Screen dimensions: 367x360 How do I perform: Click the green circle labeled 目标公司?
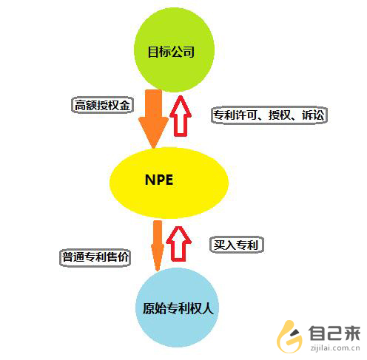click(x=174, y=50)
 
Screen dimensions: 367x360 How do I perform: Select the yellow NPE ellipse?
click(x=169, y=183)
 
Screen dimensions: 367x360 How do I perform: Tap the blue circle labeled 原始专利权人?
click(x=177, y=308)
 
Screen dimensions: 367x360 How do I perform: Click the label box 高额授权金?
click(x=102, y=106)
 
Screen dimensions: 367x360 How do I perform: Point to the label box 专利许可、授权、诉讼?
click(x=269, y=115)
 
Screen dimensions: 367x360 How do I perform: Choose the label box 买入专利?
click(x=237, y=245)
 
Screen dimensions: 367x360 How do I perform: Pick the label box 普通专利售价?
click(x=95, y=257)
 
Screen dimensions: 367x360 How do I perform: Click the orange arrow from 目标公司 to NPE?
click(x=153, y=119)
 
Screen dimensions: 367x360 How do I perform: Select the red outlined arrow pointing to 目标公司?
click(x=181, y=116)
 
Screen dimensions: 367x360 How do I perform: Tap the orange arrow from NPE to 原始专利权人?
click(x=158, y=245)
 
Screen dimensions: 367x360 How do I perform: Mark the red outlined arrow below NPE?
click(x=178, y=243)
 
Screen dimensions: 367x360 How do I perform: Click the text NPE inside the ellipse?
click(x=159, y=180)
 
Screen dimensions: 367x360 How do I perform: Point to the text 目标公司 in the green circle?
click(x=171, y=52)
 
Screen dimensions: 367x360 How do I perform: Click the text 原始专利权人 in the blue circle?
click(x=178, y=308)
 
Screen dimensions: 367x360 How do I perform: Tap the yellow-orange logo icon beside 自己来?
click(x=289, y=336)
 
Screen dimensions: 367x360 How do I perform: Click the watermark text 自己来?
click(x=334, y=333)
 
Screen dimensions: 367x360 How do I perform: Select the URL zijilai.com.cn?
click(x=335, y=348)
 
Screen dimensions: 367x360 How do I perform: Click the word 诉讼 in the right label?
click(x=312, y=115)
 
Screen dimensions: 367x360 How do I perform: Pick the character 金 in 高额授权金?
click(x=125, y=106)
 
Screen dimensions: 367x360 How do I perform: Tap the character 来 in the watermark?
click(x=351, y=333)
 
